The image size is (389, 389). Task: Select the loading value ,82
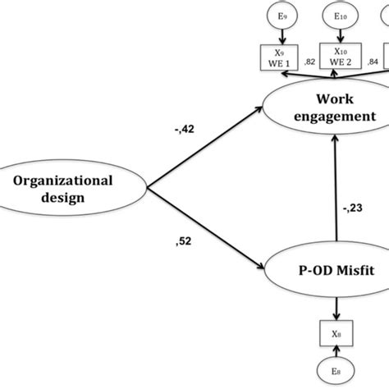[x=310, y=62]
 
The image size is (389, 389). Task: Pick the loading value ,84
[x=372, y=62]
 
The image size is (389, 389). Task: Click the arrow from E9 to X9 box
[x=281, y=36]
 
